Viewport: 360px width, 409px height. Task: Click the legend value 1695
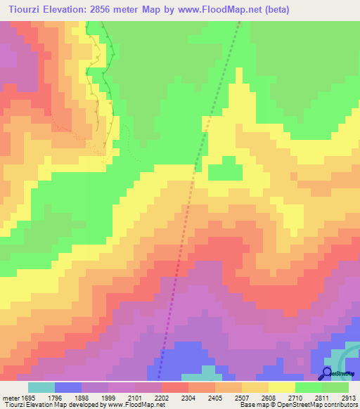click(x=27, y=397)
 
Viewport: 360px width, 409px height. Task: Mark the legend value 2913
click(x=348, y=397)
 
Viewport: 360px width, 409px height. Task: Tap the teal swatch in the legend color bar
click(x=41, y=387)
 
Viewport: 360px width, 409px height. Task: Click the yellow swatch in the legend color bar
click(x=282, y=387)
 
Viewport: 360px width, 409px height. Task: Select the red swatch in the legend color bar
click(x=175, y=387)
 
